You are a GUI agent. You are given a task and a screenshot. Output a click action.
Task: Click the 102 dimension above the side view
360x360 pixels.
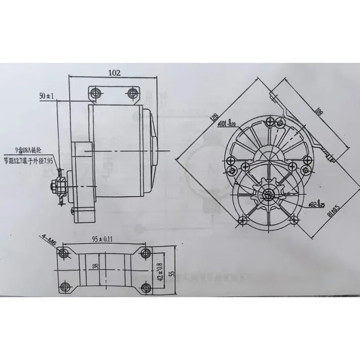tap(115, 72)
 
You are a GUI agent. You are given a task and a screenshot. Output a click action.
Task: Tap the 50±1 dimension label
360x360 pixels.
tap(47, 96)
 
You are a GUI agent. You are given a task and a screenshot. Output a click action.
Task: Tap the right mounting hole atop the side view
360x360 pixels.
tap(131, 93)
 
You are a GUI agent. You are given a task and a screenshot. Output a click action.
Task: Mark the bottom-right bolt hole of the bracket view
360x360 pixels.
tap(144, 287)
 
